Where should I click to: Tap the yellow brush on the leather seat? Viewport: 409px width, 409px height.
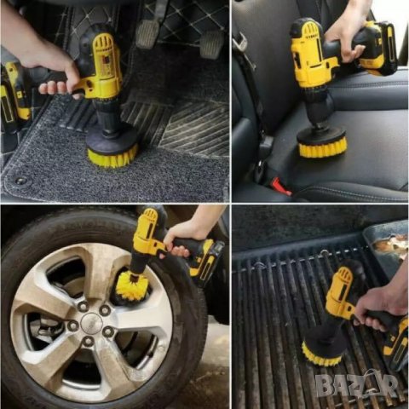321,145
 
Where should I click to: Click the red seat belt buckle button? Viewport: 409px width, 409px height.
280,186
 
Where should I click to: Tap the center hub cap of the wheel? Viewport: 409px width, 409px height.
91,323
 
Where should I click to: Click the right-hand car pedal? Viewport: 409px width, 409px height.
211,44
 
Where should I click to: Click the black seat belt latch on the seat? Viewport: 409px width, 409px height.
265,147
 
